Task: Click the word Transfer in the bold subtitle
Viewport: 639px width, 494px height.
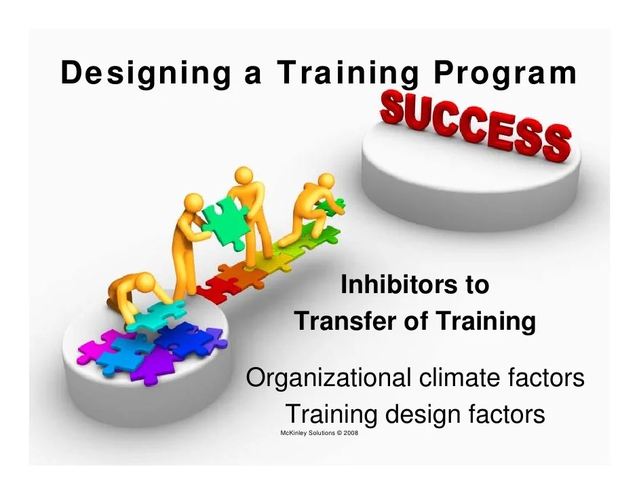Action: (345, 320)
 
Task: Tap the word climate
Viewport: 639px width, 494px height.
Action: (461, 377)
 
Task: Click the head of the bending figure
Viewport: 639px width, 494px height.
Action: (146, 280)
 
